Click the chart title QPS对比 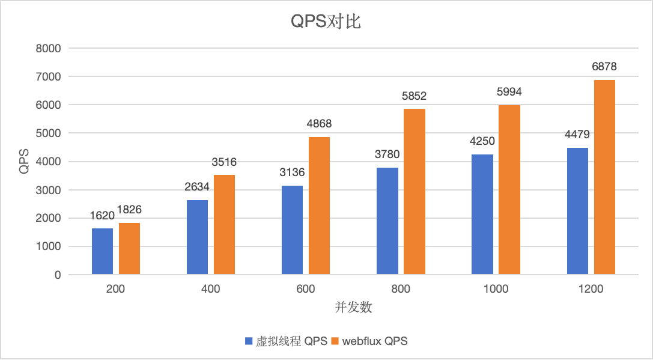(x=326, y=22)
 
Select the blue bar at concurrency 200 (x=102, y=251)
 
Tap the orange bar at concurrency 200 (x=129, y=249)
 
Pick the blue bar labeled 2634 (x=197, y=237)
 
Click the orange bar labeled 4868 (x=319, y=206)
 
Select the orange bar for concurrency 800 (x=414, y=192)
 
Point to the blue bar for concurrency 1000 (x=482, y=215)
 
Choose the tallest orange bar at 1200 (x=604, y=177)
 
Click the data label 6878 (x=604, y=67)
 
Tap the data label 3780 (x=387, y=154)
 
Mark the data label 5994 (x=509, y=92)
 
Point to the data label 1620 (x=102, y=215)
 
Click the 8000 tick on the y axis (x=49, y=48)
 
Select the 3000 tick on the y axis (x=49, y=190)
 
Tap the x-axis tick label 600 (x=306, y=289)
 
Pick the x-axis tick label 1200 (x=591, y=289)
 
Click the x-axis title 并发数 (x=353, y=308)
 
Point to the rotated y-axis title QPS (x=23, y=161)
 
